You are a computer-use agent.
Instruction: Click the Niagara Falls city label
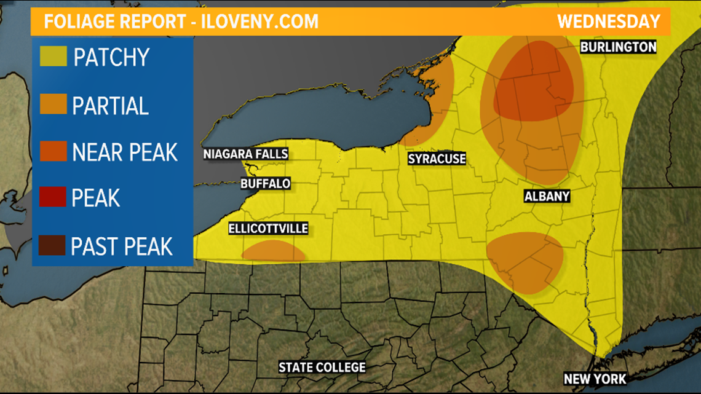[x=246, y=154]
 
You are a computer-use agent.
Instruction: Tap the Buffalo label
[x=266, y=183]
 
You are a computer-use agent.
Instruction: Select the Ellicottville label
[x=268, y=229]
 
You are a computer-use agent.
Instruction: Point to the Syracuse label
[x=437, y=159]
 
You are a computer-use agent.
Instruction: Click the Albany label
[x=547, y=197]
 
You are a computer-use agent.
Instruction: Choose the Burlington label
[x=618, y=47]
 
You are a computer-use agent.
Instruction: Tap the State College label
[x=322, y=368]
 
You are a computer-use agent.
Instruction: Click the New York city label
[x=595, y=379]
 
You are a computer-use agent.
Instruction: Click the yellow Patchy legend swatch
[x=53, y=57]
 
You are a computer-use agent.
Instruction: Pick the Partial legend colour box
[x=53, y=105]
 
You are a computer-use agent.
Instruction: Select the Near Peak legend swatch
[x=53, y=152]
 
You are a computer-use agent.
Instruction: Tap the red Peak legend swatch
[x=53, y=199]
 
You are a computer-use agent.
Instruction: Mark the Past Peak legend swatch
[x=53, y=246]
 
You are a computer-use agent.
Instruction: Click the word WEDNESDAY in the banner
[x=609, y=22]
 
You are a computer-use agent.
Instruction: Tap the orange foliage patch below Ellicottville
[x=273, y=251]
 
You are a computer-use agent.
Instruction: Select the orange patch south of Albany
[x=525, y=261]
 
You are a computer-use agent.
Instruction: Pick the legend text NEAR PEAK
[x=125, y=152]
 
